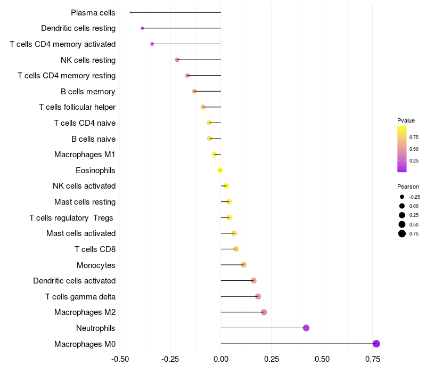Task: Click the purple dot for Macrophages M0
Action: [x=376, y=344]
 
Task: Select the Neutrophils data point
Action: [x=306, y=328]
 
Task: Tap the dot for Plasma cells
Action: [x=130, y=12]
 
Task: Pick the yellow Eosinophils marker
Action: [x=220, y=171]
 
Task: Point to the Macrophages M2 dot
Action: [x=264, y=312]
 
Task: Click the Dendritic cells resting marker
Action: [x=142, y=28]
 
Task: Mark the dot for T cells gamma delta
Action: [x=258, y=296]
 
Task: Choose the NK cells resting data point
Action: [x=177, y=60]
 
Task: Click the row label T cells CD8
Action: [x=95, y=249]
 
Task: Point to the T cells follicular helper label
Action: [x=77, y=107]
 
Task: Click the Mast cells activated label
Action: [x=81, y=233]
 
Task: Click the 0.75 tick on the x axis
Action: [x=373, y=359]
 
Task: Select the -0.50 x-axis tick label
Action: [x=120, y=359]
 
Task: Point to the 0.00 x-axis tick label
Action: [x=221, y=359]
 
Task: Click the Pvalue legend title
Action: [x=406, y=120]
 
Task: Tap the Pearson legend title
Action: [x=408, y=186]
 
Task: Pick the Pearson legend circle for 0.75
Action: [x=402, y=233]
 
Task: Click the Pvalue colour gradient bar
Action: [x=402, y=149]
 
